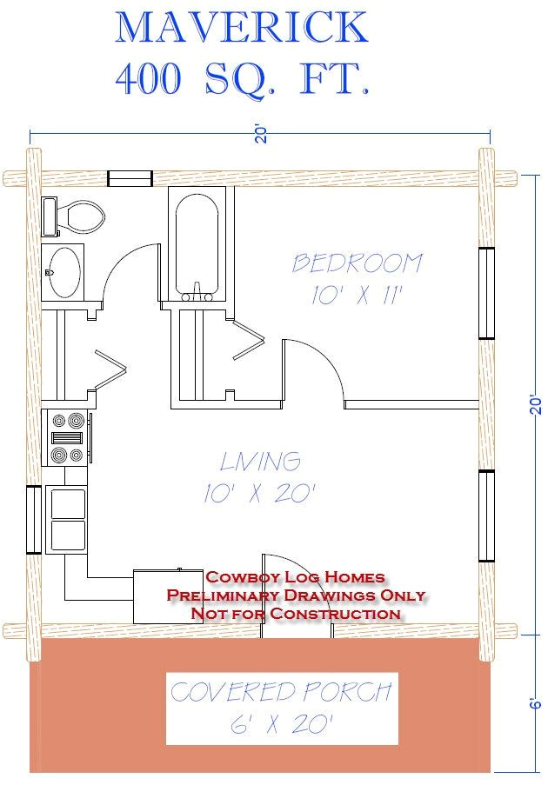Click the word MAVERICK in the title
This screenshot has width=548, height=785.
click(x=242, y=28)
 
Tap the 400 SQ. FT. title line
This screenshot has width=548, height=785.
click(x=242, y=79)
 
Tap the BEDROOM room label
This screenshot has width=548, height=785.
click(x=357, y=263)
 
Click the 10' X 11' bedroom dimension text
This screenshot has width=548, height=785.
click(x=357, y=296)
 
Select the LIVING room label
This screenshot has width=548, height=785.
click(x=260, y=461)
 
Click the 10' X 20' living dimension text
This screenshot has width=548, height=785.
click(x=259, y=494)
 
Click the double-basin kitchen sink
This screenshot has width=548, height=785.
click(x=67, y=517)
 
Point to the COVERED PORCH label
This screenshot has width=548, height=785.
click(x=281, y=693)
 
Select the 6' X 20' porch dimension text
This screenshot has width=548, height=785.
click(x=281, y=724)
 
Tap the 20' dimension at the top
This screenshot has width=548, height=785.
click(x=258, y=135)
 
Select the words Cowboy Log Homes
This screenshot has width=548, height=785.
click(x=295, y=577)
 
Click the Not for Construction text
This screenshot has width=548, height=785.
click(x=295, y=614)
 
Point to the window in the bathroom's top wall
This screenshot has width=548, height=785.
click(x=130, y=178)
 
